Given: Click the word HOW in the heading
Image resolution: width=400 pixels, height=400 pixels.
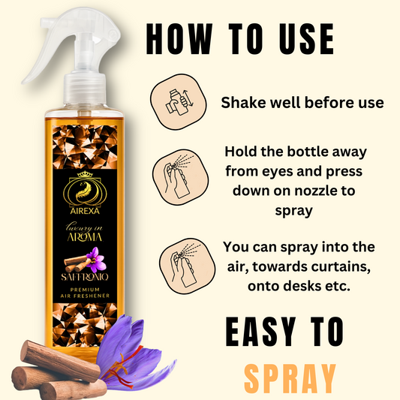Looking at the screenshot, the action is pyautogui.click(x=179, y=39).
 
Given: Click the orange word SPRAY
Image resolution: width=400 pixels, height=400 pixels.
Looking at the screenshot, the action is pyautogui.click(x=290, y=378).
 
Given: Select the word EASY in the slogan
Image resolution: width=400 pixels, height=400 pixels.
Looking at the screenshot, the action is pyautogui.click(x=260, y=332).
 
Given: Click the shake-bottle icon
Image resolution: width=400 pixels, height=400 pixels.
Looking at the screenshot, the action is pyautogui.click(x=179, y=102).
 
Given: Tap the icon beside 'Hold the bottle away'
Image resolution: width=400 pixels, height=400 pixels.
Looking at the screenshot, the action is pyautogui.click(x=180, y=177).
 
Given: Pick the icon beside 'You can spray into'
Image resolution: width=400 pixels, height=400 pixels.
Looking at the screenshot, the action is pyautogui.click(x=187, y=266).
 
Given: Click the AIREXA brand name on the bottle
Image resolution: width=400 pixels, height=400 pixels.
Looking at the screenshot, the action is pyautogui.click(x=85, y=211).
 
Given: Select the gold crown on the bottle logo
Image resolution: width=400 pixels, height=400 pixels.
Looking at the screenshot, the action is pyautogui.click(x=85, y=174).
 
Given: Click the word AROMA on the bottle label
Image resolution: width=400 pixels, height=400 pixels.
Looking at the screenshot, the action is pyautogui.click(x=85, y=237).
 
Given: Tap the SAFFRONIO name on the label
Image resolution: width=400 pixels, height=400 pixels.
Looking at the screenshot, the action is pyautogui.click(x=85, y=277).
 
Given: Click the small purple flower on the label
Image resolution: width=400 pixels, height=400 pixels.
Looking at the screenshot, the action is pyautogui.click(x=95, y=260).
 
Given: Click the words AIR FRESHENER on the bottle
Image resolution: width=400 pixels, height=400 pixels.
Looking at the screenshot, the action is pyautogui.click(x=85, y=296).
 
